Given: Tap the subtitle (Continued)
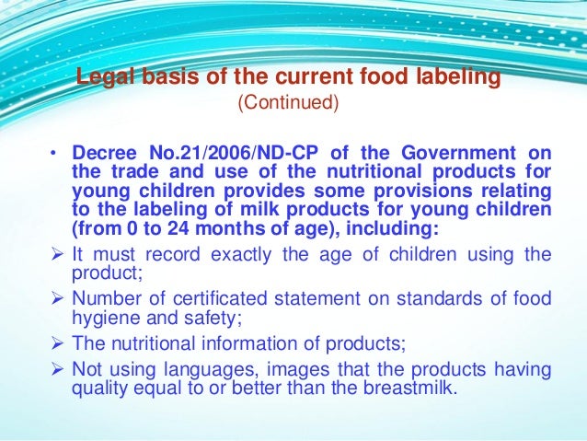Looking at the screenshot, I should (x=288, y=102).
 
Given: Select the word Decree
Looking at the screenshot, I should (x=106, y=152).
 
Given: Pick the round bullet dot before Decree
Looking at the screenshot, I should (x=54, y=153).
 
